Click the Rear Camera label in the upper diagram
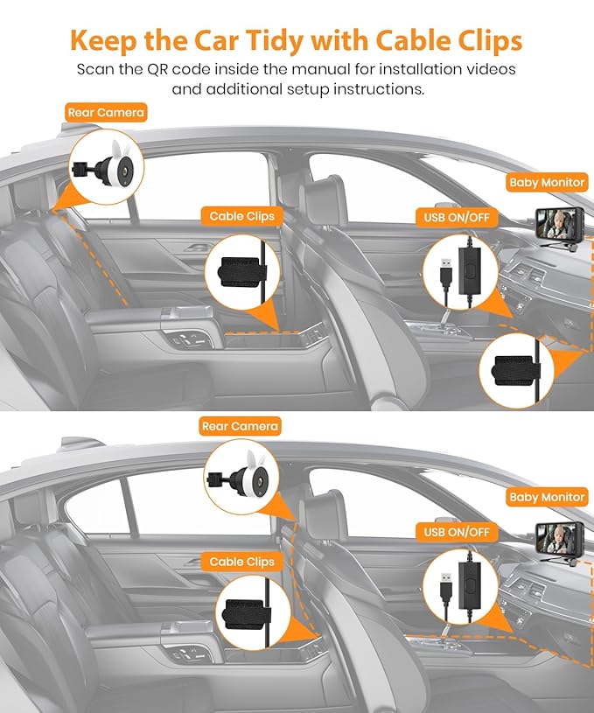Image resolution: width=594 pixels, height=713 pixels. tap(106, 113)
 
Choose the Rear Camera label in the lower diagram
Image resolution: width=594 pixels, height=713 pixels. tap(240, 427)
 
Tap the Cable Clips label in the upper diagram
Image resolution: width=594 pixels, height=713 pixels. tap(242, 216)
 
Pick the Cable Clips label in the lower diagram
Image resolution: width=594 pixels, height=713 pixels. tap(242, 562)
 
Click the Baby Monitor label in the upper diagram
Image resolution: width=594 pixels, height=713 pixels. tap(547, 183)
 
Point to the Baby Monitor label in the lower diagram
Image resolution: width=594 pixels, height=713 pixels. tap(547, 497)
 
